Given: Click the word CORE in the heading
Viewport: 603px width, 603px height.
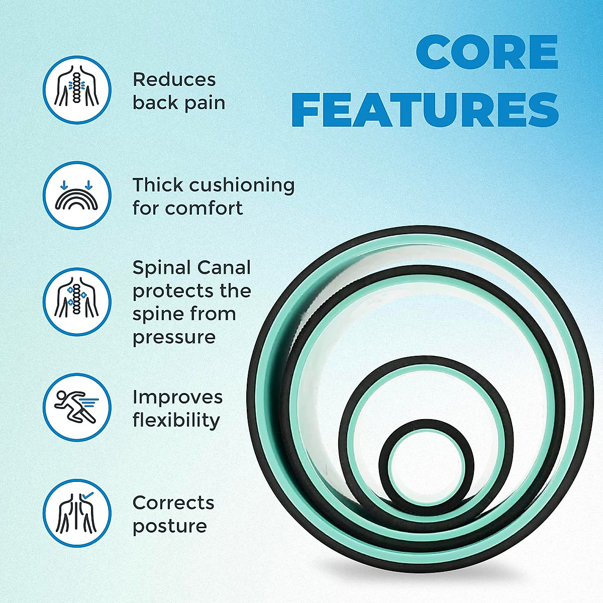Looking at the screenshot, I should click(487, 53).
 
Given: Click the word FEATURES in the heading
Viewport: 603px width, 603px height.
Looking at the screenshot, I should click(425, 110).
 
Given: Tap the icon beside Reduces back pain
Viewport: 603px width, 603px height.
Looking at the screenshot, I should click(76, 89).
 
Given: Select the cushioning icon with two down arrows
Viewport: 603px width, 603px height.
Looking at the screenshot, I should click(76, 195).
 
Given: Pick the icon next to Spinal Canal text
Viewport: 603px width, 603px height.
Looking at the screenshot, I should click(76, 301).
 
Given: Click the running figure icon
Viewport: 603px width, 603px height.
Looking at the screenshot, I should click(76, 407).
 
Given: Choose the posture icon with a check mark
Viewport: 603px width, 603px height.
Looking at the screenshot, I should click(76, 513).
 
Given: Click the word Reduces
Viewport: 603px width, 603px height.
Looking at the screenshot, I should click(174, 79).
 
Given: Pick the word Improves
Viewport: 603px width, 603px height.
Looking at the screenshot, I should click(177, 397).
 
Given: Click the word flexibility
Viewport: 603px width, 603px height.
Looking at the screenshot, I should click(176, 420).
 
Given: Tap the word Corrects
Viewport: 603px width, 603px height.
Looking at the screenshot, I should click(173, 502).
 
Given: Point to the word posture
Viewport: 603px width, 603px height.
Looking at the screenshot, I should click(169, 526).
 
